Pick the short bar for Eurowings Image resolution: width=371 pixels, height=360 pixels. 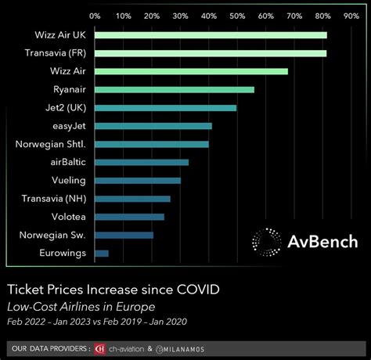pos(101,253)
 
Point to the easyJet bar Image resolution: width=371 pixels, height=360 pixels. pos(153,126)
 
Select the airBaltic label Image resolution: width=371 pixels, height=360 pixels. pos(67,162)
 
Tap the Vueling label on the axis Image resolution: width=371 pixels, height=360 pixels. pos(69,180)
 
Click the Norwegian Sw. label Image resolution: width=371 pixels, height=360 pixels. pos(54,235)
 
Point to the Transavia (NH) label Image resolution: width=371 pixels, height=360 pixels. pos(54,198)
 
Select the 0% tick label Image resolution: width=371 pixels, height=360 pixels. pos(95,15)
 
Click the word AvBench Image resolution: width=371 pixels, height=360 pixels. pos(323,243)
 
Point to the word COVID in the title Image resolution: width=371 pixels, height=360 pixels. pos(193,289)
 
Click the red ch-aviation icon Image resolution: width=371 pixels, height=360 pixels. pos(99,347)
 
